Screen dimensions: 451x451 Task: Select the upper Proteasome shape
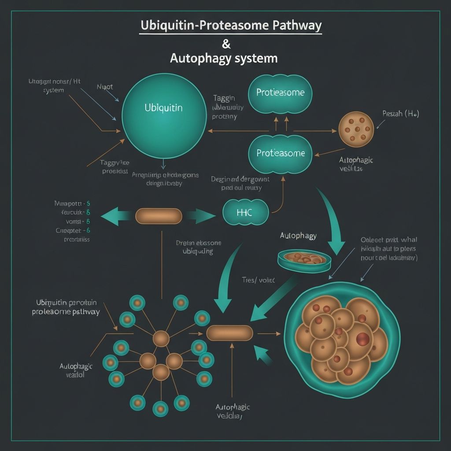(280, 93)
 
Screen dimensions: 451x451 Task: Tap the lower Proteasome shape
(280, 154)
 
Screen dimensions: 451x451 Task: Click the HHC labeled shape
(245, 212)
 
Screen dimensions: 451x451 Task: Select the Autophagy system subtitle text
(224, 58)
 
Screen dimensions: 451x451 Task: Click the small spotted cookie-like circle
(356, 129)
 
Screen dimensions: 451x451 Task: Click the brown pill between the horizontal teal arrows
(159, 216)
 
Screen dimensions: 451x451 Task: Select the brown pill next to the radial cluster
(229, 333)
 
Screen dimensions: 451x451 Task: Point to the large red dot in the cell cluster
(363, 339)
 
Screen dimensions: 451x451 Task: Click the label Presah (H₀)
(400, 114)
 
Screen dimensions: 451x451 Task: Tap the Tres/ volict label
(258, 280)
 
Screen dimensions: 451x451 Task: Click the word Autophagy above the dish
(298, 236)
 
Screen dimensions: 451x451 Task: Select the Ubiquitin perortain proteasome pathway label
(66, 307)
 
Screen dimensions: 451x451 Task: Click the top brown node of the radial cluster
(161, 339)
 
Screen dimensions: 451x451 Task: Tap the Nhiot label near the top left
(105, 87)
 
